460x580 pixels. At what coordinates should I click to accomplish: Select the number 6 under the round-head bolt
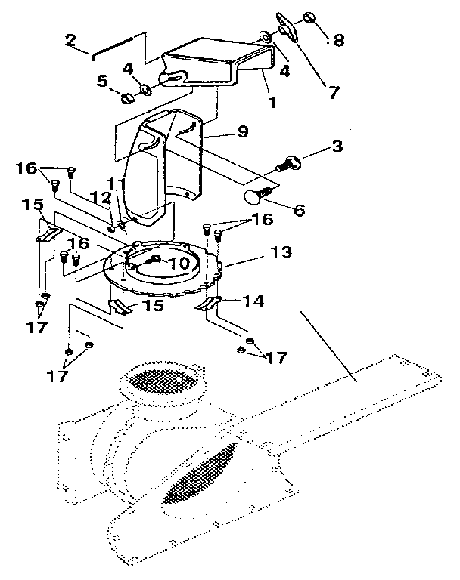click(x=300, y=211)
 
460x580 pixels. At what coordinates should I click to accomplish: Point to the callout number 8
click(x=338, y=40)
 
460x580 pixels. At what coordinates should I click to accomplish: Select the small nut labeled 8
click(x=310, y=17)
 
